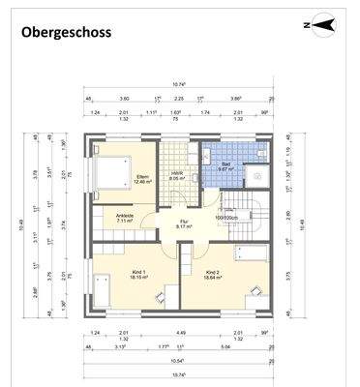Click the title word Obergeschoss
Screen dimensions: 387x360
[66, 32]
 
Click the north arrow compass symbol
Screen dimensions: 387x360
[323, 24]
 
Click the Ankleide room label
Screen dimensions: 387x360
[125, 218]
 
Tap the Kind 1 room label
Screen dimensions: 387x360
[138, 274]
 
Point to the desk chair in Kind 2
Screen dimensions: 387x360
[254, 289]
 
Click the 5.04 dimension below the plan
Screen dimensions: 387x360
[225, 346]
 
